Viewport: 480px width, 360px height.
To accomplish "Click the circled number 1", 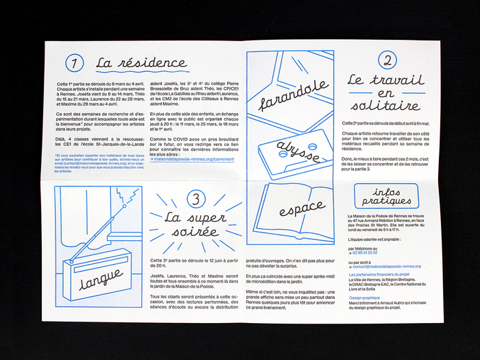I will tap(74, 64).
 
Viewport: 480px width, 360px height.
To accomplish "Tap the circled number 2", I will tap(387, 60).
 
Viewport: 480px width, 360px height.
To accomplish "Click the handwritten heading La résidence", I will tap(141, 64).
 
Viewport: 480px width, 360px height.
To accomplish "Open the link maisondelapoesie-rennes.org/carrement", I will tap(195, 158).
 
